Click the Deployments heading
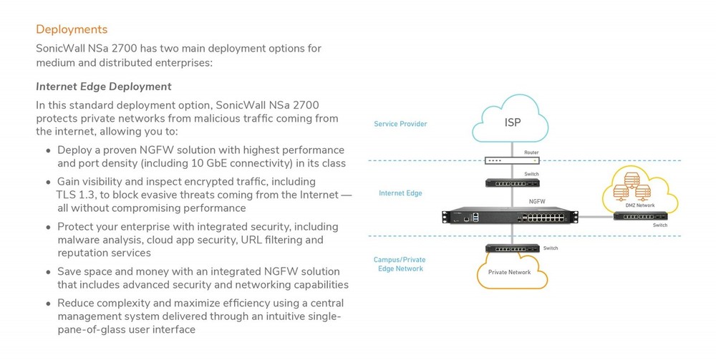[x=72, y=29]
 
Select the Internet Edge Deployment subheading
[x=104, y=87]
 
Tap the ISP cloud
[x=512, y=123]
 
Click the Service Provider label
[x=400, y=125]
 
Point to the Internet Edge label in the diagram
[x=400, y=193]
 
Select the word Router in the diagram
[x=531, y=152]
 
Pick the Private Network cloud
[x=510, y=273]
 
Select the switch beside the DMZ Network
[x=641, y=215]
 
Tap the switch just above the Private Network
[x=511, y=248]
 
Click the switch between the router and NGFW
[x=511, y=183]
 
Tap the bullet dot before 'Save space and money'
[x=49, y=273]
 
